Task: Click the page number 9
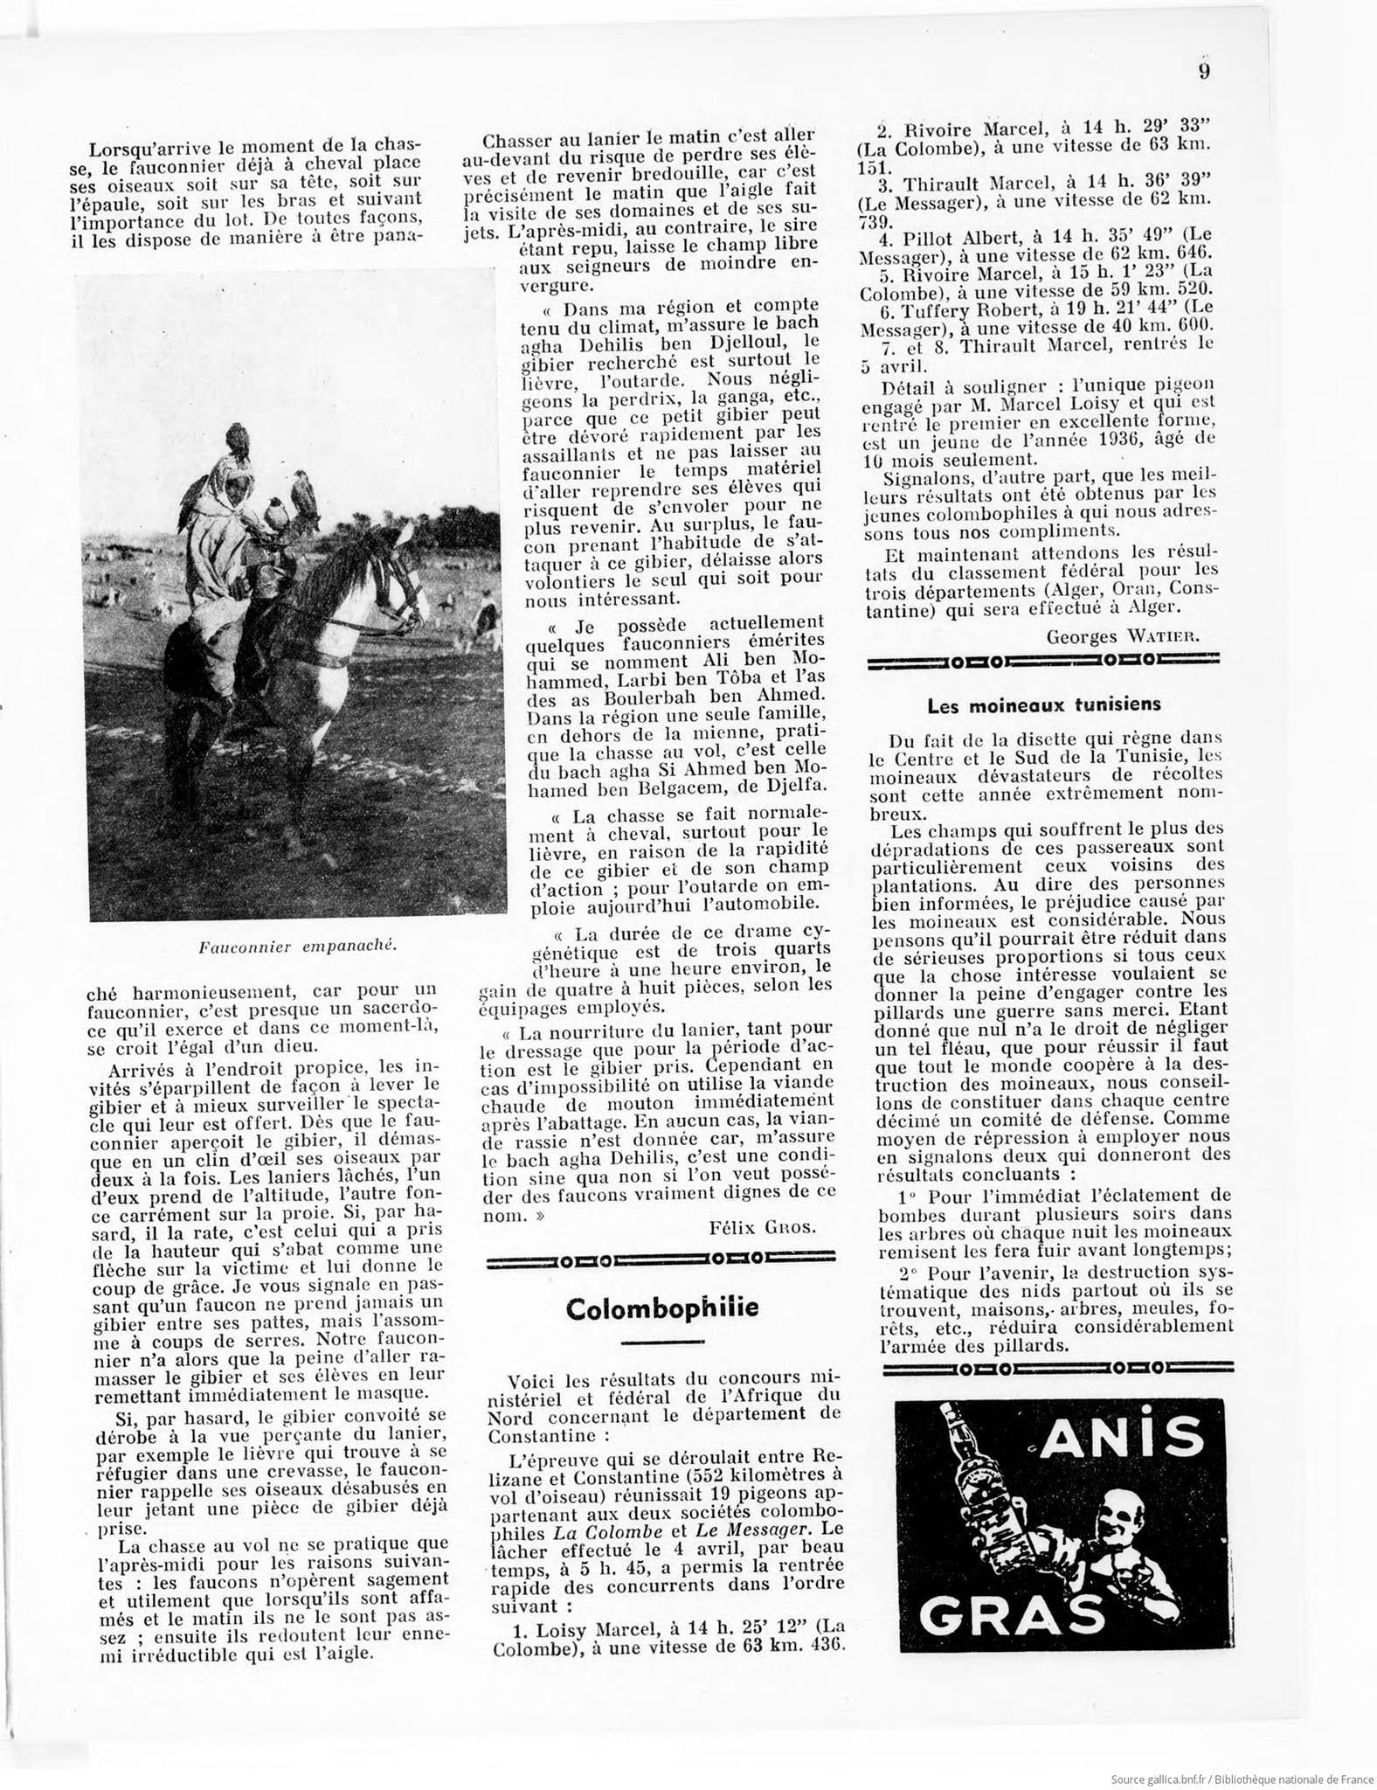(1203, 72)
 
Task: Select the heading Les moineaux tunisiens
(1043, 704)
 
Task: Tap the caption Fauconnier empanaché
(298, 945)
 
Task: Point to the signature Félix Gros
(763, 1226)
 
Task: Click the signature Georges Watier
(1123, 637)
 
